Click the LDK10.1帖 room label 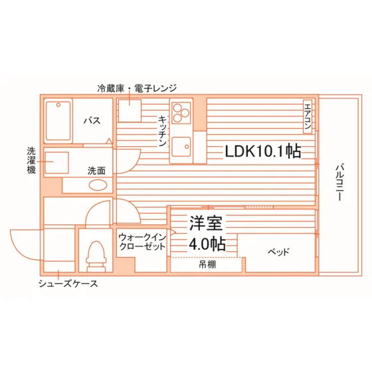point(263,151)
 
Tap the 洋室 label point(206,223)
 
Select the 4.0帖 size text point(207,244)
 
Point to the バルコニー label point(339,183)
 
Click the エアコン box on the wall point(308,116)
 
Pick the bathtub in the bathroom point(58,121)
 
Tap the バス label point(92,121)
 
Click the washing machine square point(56,163)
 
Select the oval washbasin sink point(98,185)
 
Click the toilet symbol point(96,256)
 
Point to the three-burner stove point(181,113)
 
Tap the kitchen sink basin point(181,147)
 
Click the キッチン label point(162,131)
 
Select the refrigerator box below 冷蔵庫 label point(130,110)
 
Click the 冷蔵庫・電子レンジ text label point(137,88)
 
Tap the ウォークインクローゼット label point(142,242)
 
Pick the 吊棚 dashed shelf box point(206,265)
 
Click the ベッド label point(278,251)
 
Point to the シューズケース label point(68,284)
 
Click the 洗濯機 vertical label point(31,161)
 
